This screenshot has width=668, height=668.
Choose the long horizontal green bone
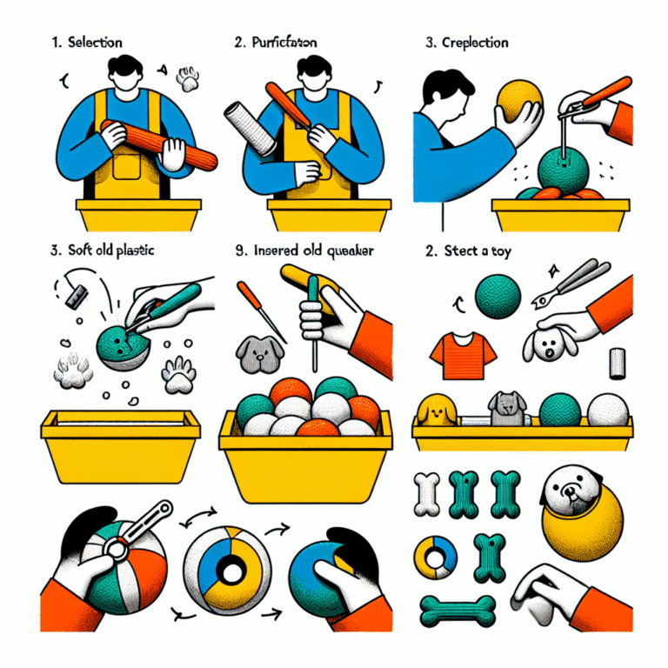coord(458,606)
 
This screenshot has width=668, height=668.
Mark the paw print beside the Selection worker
coord(188,80)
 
